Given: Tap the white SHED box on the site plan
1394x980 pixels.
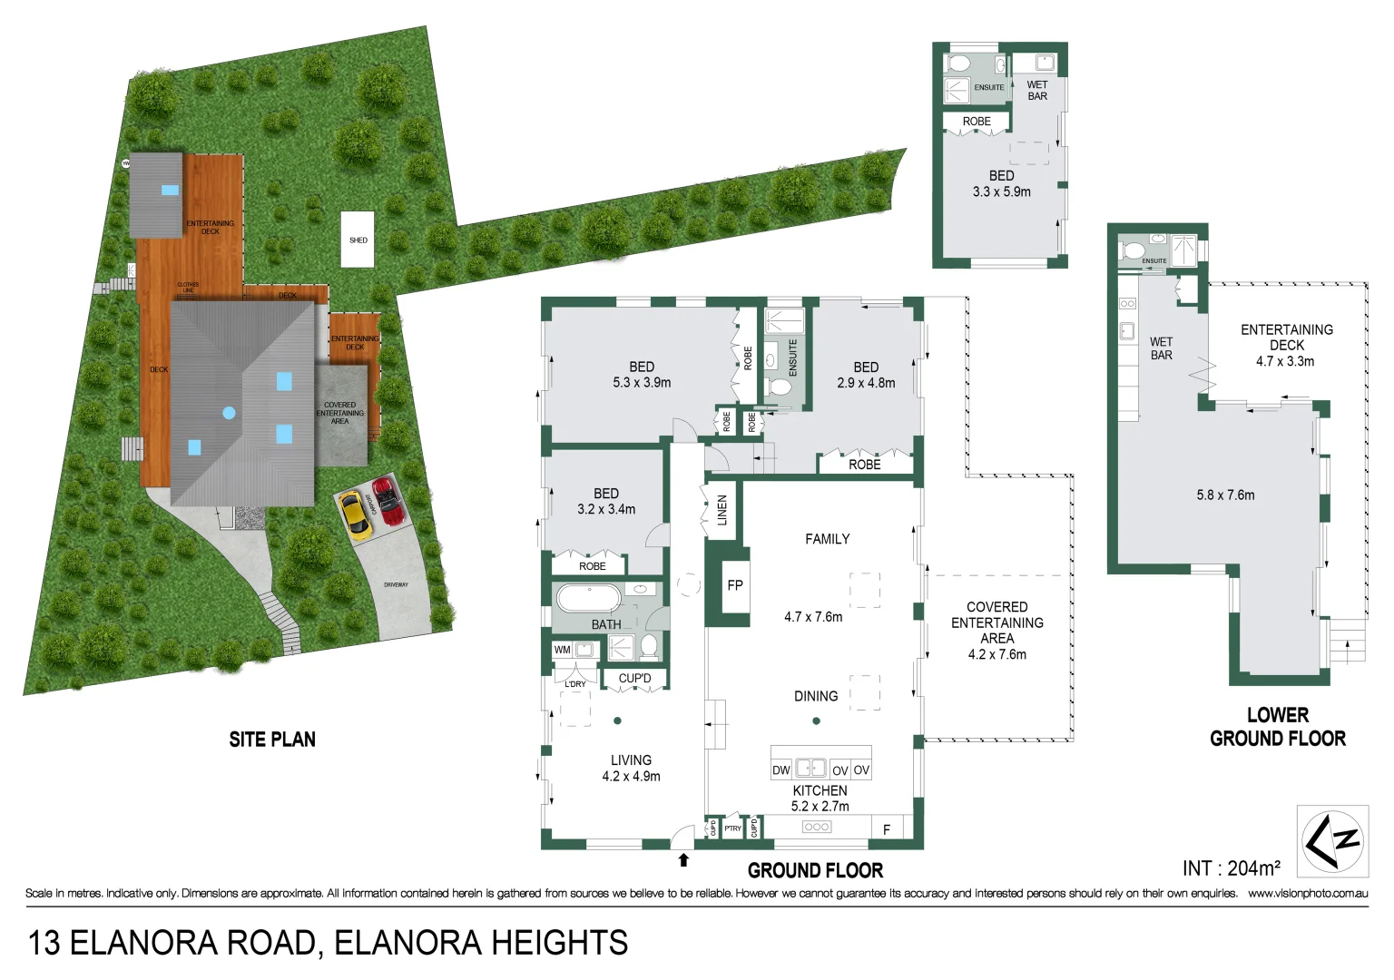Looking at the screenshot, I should [x=358, y=240].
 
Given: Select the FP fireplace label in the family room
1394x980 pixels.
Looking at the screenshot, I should [x=735, y=585].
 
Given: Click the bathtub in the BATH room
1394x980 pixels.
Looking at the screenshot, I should [x=588, y=599].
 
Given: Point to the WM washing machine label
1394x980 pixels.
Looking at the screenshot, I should [x=563, y=650].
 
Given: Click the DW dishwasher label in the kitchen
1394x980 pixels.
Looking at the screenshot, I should [x=780, y=770].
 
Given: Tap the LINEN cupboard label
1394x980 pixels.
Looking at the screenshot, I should [x=722, y=511].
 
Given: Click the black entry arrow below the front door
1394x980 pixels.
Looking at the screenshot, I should [x=683, y=860].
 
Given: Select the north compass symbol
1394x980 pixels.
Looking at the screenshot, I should [x=1331, y=840].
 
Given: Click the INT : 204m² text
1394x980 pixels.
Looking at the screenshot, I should [x=1231, y=868].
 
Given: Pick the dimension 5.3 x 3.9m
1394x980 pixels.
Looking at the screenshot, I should [x=642, y=383].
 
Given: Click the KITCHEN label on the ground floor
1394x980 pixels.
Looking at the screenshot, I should [x=820, y=790].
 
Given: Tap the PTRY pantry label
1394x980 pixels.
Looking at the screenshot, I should [x=732, y=828].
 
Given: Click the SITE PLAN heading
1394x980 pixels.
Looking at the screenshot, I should [x=272, y=740].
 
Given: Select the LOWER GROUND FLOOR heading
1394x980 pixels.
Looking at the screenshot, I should [x=1277, y=727].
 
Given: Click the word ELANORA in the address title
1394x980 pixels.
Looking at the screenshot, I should [x=144, y=943].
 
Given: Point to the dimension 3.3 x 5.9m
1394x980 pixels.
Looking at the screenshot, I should [x=1001, y=191].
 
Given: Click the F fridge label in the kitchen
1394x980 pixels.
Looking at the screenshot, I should [x=887, y=829].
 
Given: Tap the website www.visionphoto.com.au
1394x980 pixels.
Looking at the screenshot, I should [x=1308, y=894].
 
